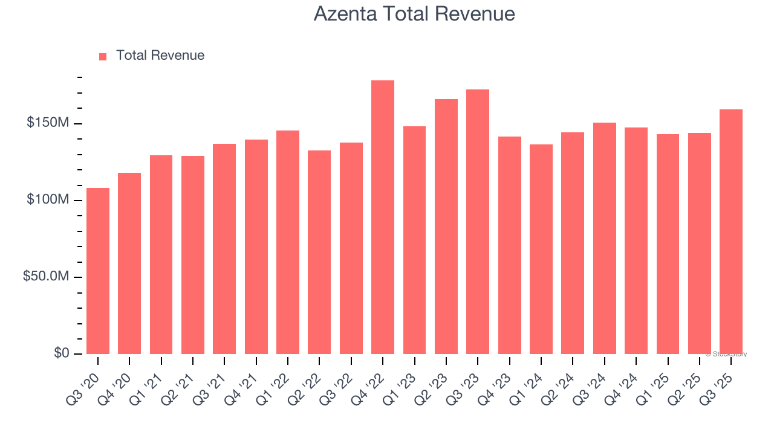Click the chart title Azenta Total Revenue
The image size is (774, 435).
coord(414,14)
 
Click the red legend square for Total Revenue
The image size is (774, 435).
coord(103,56)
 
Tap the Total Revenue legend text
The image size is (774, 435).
coord(160,56)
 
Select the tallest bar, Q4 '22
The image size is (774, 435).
coord(383,217)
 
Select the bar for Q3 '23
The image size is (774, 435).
coord(478,222)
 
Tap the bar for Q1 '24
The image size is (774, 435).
coord(541,249)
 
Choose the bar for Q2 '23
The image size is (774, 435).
coord(446,227)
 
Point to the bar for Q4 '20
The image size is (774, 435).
coord(129,263)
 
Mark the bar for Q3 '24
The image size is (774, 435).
coord(604,238)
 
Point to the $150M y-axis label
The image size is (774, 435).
coord(48,123)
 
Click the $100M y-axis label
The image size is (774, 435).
coord(48,200)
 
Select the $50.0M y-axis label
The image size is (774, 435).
coord(46,277)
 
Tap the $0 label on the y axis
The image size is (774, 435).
coord(61,353)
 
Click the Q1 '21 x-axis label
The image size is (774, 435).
coord(149,382)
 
